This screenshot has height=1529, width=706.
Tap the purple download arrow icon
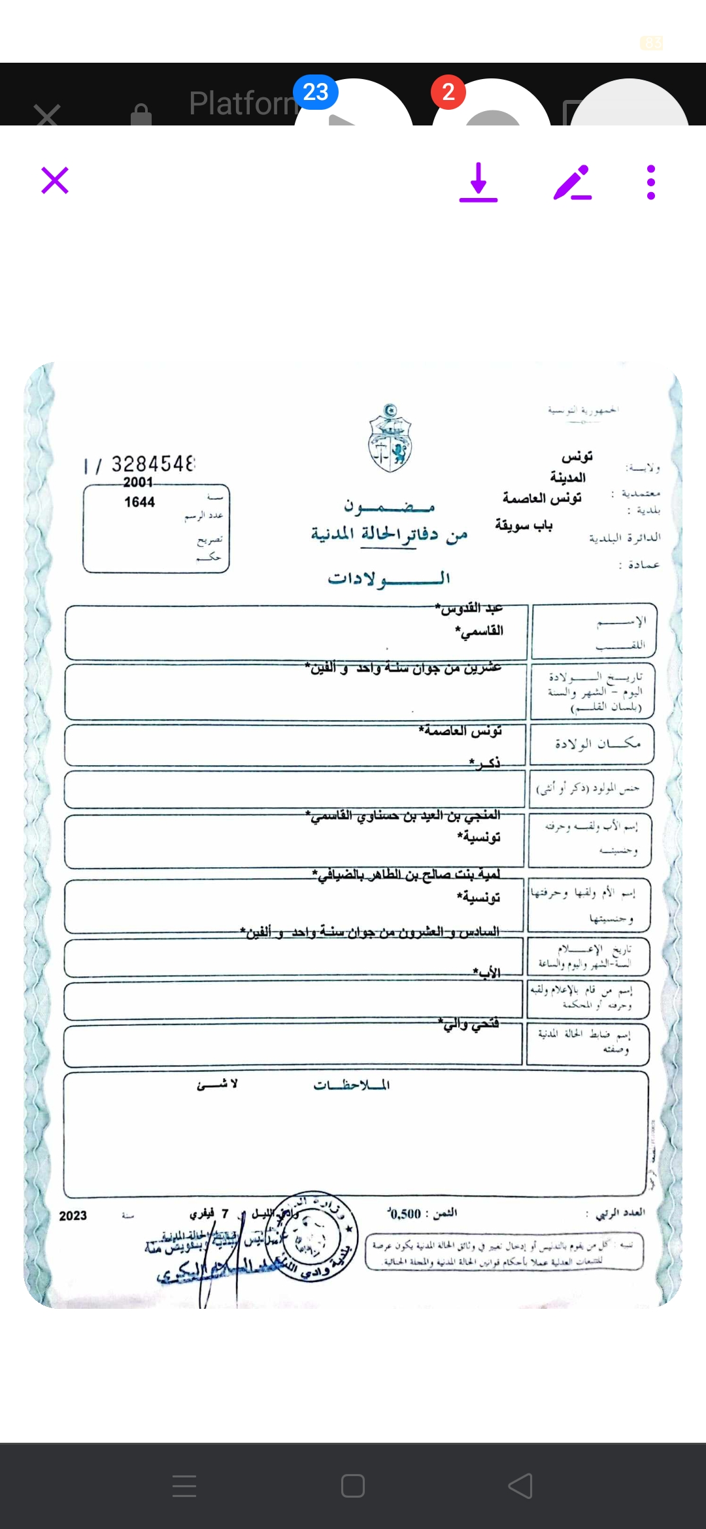pyautogui.click(x=479, y=182)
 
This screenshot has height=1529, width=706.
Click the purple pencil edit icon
pyautogui.click(x=573, y=182)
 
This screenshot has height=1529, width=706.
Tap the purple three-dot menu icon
pyautogui.click(x=650, y=182)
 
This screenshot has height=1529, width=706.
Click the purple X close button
pyautogui.click(x=55, y=180)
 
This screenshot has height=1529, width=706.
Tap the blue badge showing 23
pyautogui.click(x=316, y=92)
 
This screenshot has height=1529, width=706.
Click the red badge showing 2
pyautogui.click(x=448, y=92)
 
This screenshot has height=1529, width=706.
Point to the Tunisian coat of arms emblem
pyautogui.click(x=390, y=438)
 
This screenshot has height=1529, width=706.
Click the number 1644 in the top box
pyautogui.click(x=139, y=502)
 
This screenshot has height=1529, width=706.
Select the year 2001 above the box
pyautogui.click(x=138, y=482)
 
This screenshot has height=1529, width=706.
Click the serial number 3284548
pyautogui.click(x=153, y=464)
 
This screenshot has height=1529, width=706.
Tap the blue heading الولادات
pyautogui.click(x=389, y=578)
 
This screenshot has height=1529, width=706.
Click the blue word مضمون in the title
pyautogui.click(x=390, y=506)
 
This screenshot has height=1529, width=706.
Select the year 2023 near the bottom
pyautogui.click(x=73, y=1216)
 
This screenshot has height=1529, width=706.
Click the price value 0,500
pyautogui.click(x=405, y=1214)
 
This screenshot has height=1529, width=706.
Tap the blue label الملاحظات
pyautogui.click(x=351, y=1085)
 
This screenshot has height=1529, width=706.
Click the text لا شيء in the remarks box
pyautogui.click(x=218, y=1084)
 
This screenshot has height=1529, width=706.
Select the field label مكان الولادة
pyautogui.click(x=597, y=744)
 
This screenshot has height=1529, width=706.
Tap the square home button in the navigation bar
pyautogui.click(x=353, y=1486)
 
